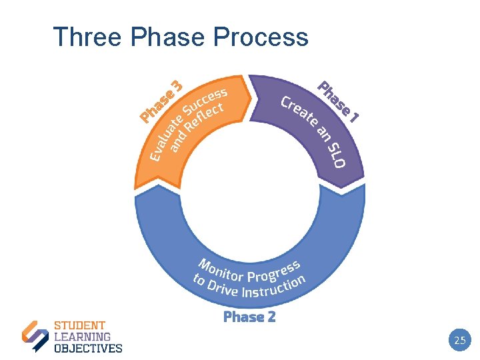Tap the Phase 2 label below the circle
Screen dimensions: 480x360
(x=249, y=317)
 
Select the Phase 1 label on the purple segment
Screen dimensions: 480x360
(x=339, y=102)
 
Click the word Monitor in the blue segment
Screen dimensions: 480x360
(x=221, y=269)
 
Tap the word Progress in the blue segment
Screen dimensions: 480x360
(x=274, y=271)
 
